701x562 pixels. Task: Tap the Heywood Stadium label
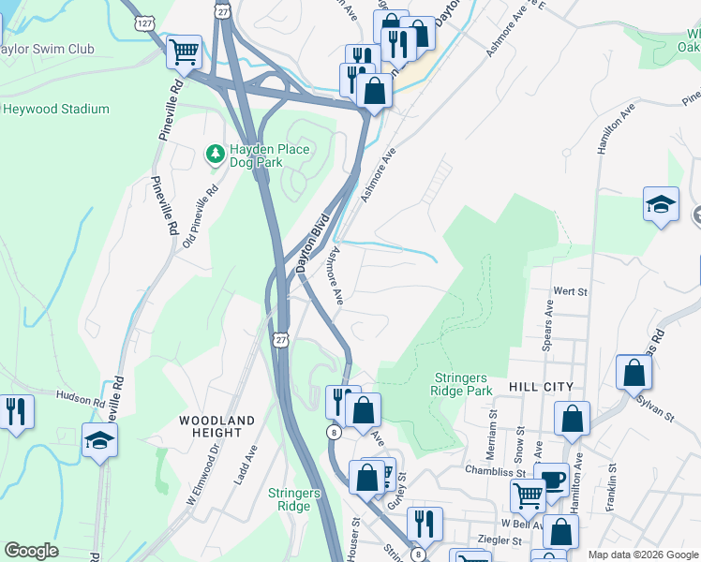pyautogui.click(x=55, y=109)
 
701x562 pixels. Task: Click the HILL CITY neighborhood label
pyautogui.click(x=540, y=387)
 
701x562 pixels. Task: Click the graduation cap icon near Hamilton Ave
pyautogui.click(x=661, y=203)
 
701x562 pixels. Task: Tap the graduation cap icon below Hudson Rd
pyautogui.click(x=99, y=438)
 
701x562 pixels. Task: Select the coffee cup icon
pyautogui.click(x=553, y=479)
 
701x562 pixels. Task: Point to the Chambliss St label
pyautogui.click(x=491, y=471)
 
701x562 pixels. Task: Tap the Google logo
pyautogui.click(x=32, y=551)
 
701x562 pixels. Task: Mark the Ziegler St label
pyautogui.click(x=500, y=540)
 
